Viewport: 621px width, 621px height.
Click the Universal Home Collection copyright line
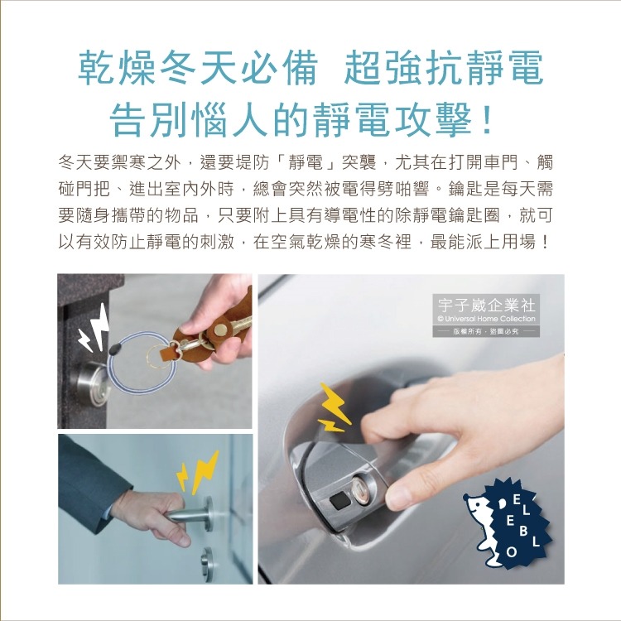point(486,319)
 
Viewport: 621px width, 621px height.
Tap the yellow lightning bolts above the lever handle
point(195,469)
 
